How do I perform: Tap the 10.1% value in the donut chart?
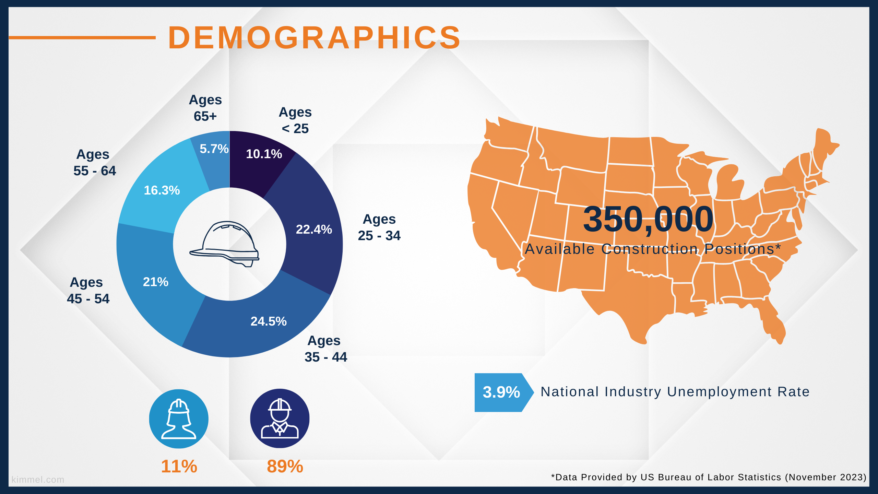coord(264,154)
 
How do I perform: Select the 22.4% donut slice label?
coord(314,230)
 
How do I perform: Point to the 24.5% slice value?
coord(269,321)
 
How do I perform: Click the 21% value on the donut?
coord(156,282)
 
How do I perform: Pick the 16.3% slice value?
coord(162,190)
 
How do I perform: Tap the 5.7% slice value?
coord(214,149)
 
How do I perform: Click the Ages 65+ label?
coord(205,108)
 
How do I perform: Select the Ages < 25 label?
coord(295,120)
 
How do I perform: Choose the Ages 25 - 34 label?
coord(379,227)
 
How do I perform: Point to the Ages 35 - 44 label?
coord(326,349)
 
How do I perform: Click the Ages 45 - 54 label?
coord(88,291)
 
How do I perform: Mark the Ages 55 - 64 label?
coord(95,163)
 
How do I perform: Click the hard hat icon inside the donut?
coord(224,244)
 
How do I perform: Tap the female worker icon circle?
coord(179,419)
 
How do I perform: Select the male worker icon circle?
coord(280,419)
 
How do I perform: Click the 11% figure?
coord(179,467)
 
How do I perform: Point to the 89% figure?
coord(285,467)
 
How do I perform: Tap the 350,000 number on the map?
coord(648,220)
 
